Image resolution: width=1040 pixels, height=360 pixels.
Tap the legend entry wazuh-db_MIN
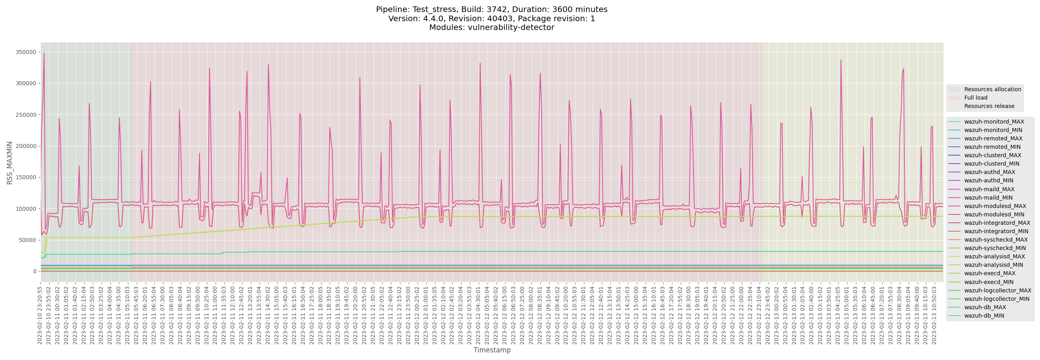tap(984, 316)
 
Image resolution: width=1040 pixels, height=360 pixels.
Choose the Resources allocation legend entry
tap(992, 90)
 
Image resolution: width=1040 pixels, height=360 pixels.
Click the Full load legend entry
tap(976, 98)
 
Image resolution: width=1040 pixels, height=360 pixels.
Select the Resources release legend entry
tap(989, 106)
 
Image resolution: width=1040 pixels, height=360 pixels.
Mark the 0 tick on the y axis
tap(35, 272)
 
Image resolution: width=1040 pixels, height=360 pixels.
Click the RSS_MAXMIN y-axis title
tap(10, 163)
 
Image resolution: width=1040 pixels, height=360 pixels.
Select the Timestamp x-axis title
tap(492, 350)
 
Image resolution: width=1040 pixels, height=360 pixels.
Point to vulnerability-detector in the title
tap(511, 28)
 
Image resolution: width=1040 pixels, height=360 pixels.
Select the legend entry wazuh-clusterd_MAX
tap(992, 155)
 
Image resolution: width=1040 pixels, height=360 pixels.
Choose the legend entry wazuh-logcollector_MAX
tap(998, 290)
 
